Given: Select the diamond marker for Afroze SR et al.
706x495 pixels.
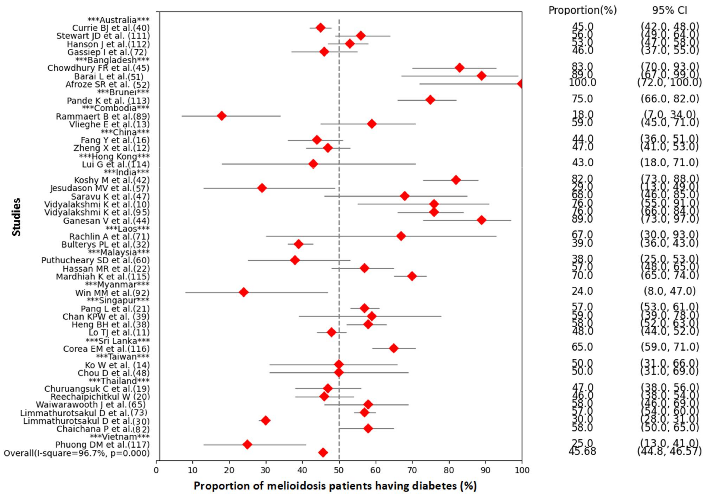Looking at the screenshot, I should [x=520, y=84].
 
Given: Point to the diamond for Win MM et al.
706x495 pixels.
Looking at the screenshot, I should [x=243, y=292].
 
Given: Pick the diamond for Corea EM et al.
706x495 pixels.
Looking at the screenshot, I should [x=394, y=348].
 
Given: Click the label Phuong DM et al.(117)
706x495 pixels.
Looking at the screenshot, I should [x=102, y=445].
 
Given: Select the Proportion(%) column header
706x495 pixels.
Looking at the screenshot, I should [x=582, y=10].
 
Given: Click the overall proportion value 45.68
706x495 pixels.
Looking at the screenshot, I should [x=582, y=451].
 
